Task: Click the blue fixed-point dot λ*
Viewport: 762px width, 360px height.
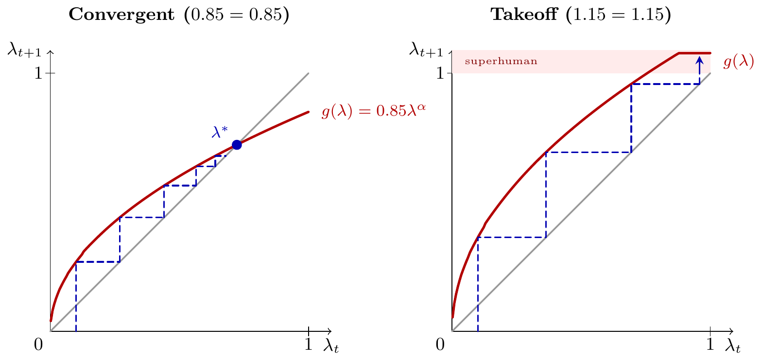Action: [x=237, y=145]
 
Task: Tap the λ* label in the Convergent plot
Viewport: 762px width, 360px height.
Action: [x=220, y=132]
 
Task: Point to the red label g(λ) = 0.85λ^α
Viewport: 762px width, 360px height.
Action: [x=370, y=112]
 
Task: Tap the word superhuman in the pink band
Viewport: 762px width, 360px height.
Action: [x=502, y=62]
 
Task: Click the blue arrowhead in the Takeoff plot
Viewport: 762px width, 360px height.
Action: [x=699, y=60]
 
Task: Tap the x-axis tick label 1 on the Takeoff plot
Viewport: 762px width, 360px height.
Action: [x=710, y=344]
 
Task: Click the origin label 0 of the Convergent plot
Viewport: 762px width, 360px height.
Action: [x=38, y=344]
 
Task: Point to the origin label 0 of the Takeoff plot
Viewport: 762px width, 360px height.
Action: [x=440, y=344]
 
